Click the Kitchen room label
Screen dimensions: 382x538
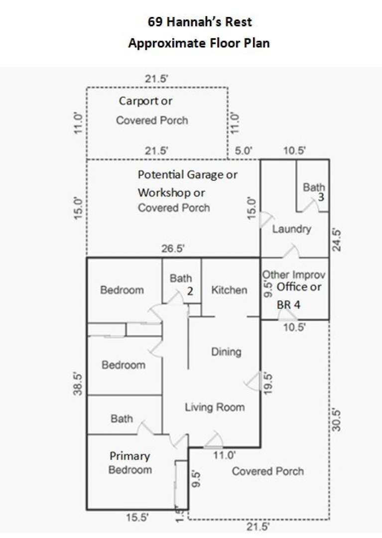coord(229,290)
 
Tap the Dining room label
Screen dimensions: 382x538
coord(226,352)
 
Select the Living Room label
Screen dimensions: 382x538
coord(215,407)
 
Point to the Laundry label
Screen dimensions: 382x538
coord(291,229)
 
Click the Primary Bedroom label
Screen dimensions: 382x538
coord(130,463)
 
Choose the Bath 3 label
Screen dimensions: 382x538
coord(314,192)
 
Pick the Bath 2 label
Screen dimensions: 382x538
coord(182,284)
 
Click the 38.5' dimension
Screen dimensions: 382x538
coord(78,384)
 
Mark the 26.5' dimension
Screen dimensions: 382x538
coord(173,249)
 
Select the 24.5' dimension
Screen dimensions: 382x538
coord(337,240)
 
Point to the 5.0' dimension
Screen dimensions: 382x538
coord(244,150)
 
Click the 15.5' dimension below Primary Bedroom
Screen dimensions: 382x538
coord(137,518)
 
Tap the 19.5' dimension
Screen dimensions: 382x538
coord(268,383)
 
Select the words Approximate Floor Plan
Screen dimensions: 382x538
coord(199,43)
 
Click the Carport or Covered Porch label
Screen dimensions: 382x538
coord(152,111)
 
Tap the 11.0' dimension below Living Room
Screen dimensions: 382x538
coord(224,455)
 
